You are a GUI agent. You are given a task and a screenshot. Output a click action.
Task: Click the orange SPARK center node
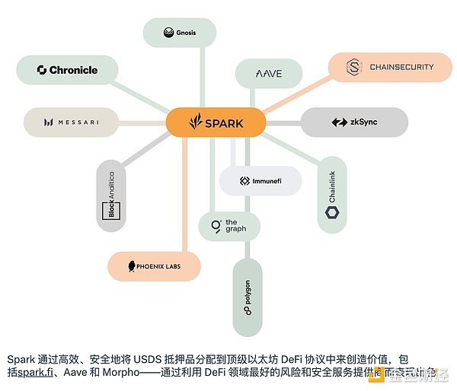coord(216,122)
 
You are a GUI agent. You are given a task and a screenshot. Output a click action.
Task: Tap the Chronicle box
coord(68,70)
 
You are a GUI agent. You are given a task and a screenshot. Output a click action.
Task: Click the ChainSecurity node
coord(391,67)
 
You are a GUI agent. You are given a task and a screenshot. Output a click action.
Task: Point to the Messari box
coord(71,122)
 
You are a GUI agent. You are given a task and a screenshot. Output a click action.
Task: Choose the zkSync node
coord(354,122)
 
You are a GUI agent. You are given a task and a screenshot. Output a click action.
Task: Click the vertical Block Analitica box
coord(111,196)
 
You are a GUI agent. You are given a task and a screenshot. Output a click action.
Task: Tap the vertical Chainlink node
coord(332,195)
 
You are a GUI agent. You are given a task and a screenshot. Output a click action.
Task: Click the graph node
coord(228,226)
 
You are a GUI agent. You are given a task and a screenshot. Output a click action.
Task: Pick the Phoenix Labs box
coord(154,266)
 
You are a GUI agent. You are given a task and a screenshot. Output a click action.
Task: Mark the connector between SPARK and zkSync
coord(283,122)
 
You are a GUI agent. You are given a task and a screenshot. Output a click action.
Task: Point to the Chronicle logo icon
coord(42,70)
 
